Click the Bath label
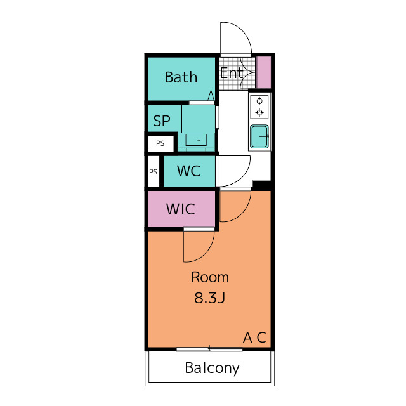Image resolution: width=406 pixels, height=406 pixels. (181, 77)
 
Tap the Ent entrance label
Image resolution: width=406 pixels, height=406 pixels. (231, 73)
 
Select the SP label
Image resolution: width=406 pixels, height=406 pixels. (162, 121)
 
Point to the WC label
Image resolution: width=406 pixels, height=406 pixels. (188, 171)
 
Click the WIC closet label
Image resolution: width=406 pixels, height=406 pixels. (180, 209)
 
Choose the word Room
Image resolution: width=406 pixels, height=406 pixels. (210, 277)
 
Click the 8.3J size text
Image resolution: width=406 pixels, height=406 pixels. (210, 298)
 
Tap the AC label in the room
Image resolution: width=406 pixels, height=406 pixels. (254, 337)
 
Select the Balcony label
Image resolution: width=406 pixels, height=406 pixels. (212, 368)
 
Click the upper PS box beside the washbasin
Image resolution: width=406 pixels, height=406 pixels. (160, 143)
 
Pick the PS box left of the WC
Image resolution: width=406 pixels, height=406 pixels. (154, 171)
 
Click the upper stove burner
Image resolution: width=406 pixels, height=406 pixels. (259, 101)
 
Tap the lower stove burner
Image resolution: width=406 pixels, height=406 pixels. (259, 113)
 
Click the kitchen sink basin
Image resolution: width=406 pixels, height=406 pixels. (259, 136)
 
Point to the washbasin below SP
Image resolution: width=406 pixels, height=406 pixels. (196, 140)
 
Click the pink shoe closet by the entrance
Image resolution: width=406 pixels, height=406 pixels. (264, 72)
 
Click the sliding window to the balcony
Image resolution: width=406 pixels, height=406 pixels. (209, 350)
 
